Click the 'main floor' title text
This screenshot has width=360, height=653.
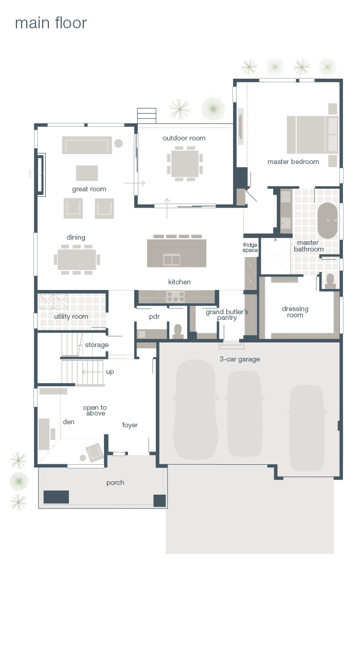[51, 23]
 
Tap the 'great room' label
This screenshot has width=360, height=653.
[89, 189]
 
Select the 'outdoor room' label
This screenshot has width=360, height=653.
[184, 138]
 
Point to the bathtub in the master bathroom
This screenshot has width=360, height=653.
[327, 221]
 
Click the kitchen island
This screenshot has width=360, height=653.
[176, 253]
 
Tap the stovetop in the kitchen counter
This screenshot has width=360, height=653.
[175, 297]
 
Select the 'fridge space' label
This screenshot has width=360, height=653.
[250, 247]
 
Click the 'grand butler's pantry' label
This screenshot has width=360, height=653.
[227, 315]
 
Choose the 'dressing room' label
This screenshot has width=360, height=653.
[295, 312]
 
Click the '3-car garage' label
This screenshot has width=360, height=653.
[240, 359]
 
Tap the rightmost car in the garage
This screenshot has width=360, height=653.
[307, 427]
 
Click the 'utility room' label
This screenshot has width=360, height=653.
[71, 317]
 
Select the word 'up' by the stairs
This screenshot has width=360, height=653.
[110, 372]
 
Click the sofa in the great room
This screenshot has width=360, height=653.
[87, 145]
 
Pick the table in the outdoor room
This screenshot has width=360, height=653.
[185, 164]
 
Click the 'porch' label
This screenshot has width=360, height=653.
[115, 483]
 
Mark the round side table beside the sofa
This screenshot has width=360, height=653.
[118, 143]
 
